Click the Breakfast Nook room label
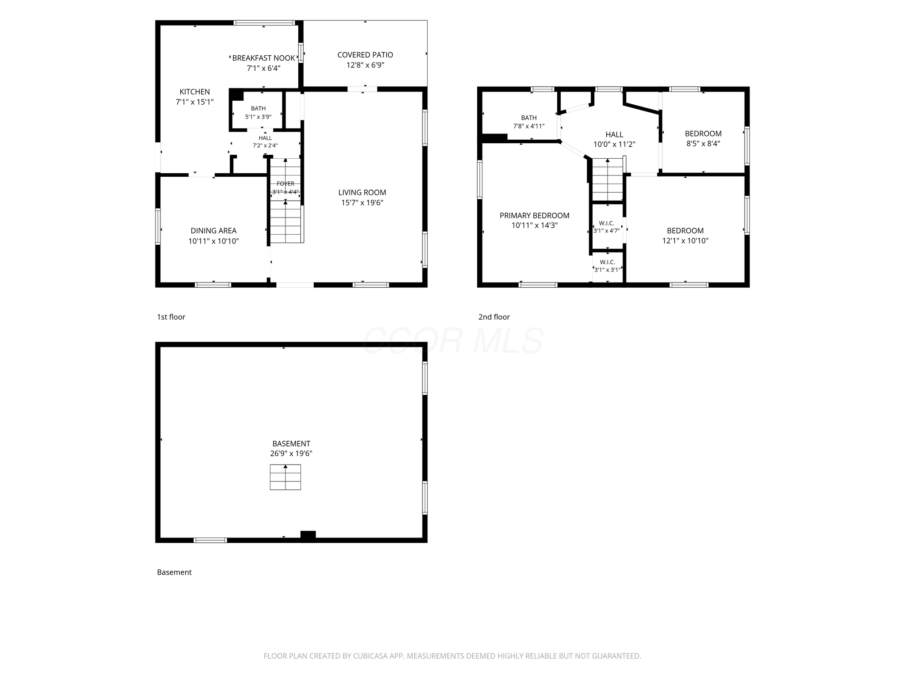coord(263,58)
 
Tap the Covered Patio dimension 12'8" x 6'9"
coord(365,65)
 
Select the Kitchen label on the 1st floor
coord(194,92)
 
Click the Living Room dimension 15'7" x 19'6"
coord(362,203)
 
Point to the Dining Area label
coord(213,231)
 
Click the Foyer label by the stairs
coord(285,183)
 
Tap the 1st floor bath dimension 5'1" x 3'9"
coord(258,117)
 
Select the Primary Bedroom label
coord(534,215)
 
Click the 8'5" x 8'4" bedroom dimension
coord(703,144)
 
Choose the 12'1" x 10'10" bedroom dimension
coord(685,241)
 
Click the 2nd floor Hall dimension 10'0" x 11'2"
coord(614,144)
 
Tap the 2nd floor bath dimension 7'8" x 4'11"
coord(529,126)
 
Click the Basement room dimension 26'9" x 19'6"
coord(291,454)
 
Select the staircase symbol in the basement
coord(285,477)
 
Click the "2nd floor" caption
coord(494,317)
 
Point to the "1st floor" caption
coord(171,317)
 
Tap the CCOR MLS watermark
coord(452,340)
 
